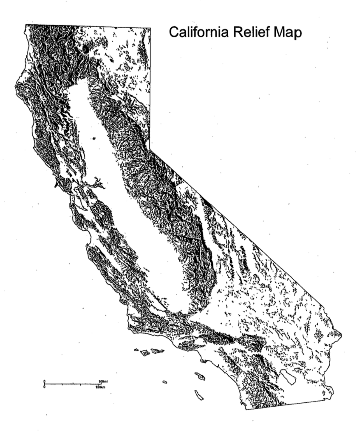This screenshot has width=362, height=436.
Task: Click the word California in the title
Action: coord(194,32)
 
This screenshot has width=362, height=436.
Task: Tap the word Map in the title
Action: coord(287,33)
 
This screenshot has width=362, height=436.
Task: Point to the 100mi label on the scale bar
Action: coord(103,381)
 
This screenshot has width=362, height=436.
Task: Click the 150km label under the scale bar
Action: coord(101,387)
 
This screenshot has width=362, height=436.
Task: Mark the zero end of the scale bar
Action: coord(45,384)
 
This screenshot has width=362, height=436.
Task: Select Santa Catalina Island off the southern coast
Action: coord(200,376)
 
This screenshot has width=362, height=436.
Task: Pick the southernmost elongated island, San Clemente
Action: coord(199,396)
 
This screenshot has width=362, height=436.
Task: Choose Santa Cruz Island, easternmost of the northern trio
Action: coord(157,351)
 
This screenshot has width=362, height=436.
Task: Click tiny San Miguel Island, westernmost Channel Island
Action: coord(136,350)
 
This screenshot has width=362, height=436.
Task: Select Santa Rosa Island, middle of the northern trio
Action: coord(145,353)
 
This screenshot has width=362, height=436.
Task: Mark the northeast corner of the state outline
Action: coord(150,28)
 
